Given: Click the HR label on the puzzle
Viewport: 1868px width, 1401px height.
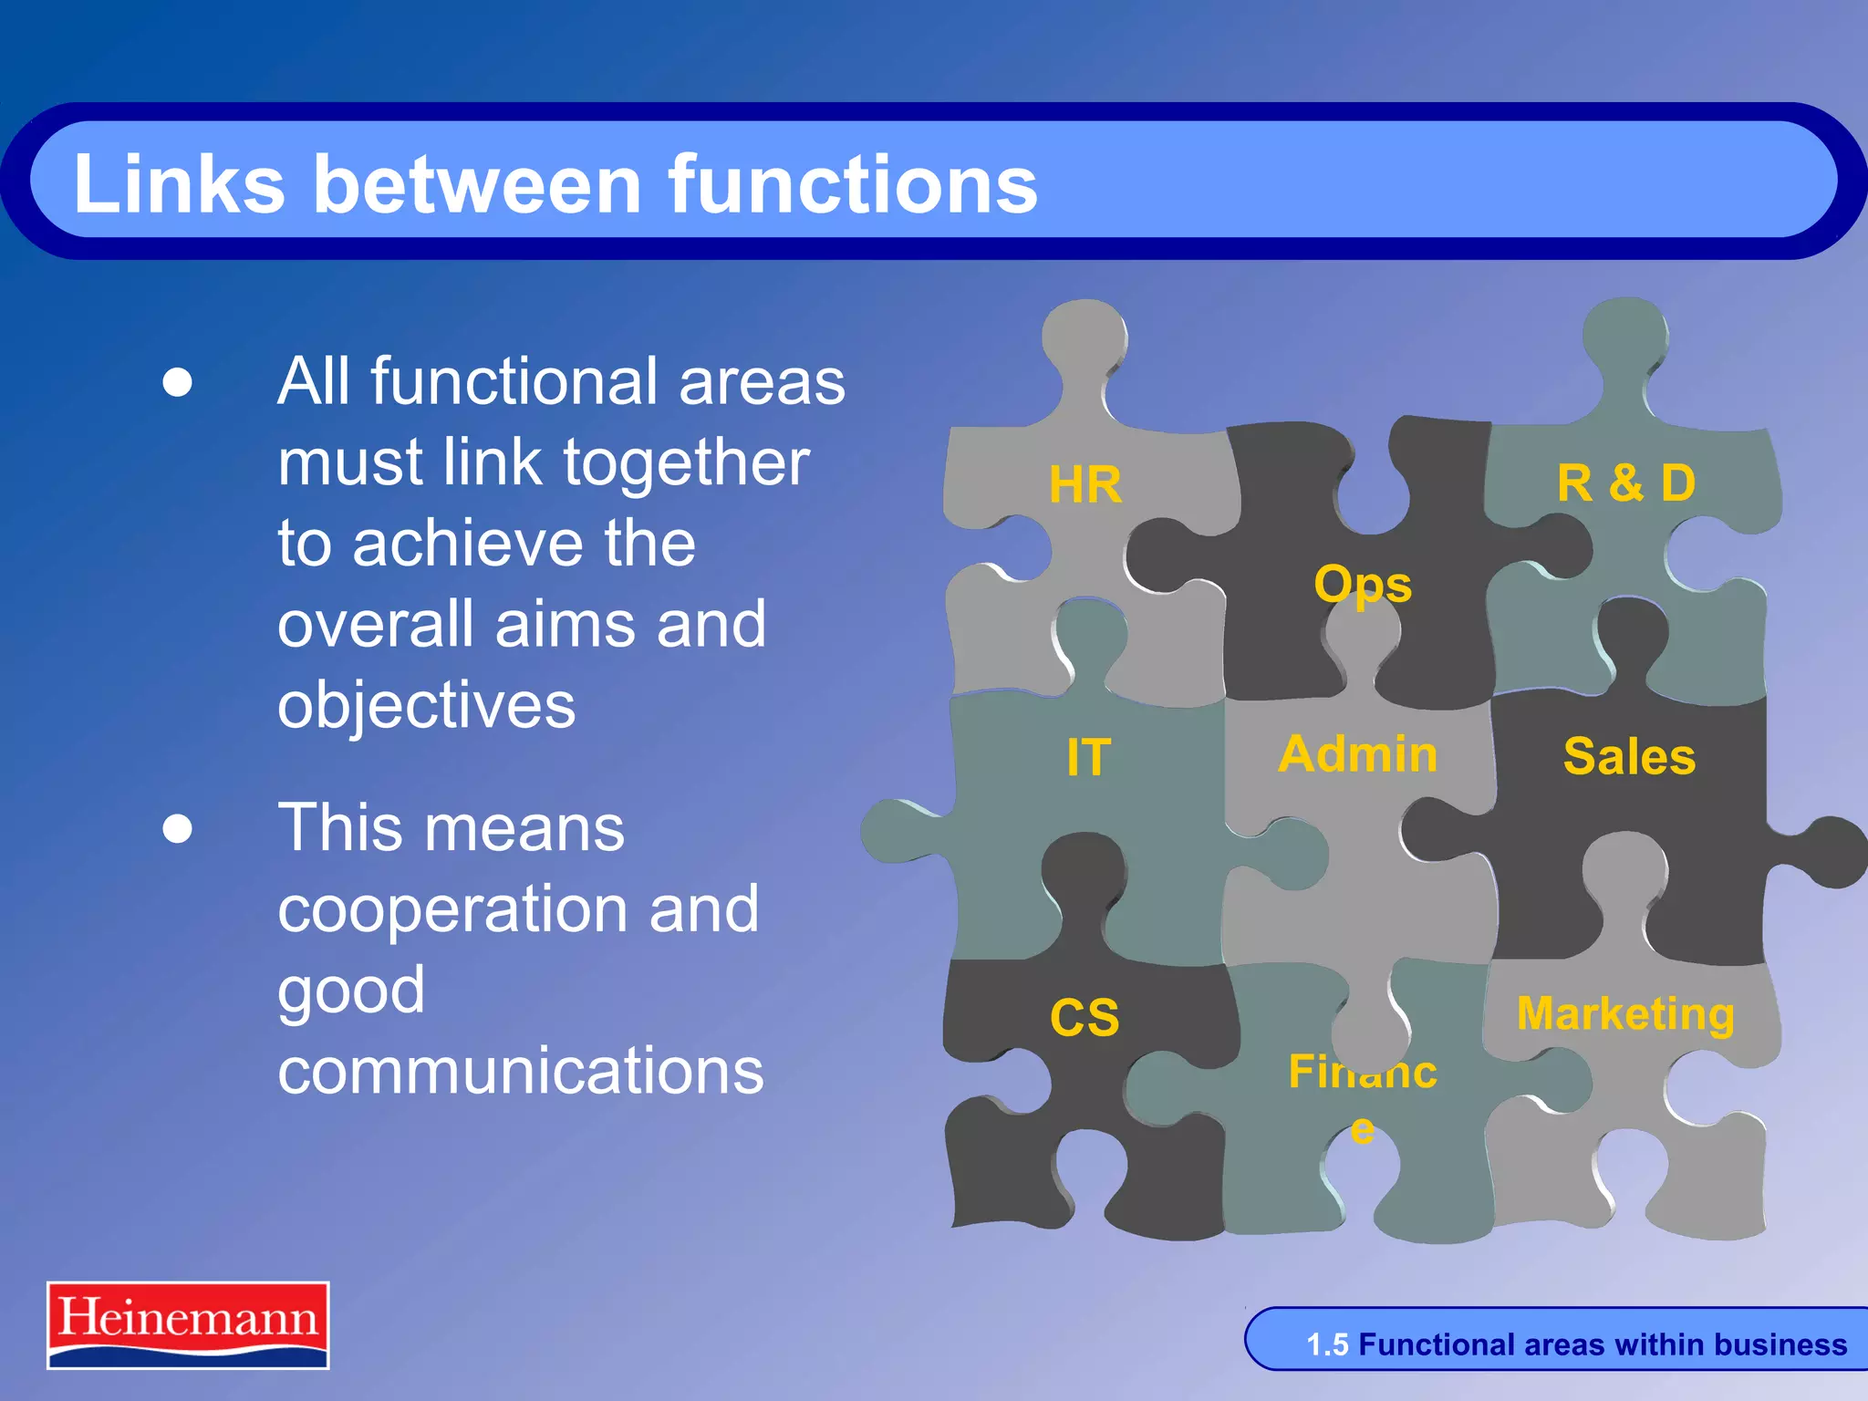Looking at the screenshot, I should pos(1084,484).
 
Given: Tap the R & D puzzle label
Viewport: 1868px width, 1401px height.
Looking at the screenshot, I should pos(1625,483).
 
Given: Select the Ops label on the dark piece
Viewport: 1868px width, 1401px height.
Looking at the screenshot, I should pos(1362,585).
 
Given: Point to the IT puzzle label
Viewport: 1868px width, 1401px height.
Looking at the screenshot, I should pos(1088,758).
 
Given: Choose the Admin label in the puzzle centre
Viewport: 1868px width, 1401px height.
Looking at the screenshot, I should pos(1357,755).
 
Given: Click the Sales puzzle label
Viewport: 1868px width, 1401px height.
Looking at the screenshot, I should pos(1629,757).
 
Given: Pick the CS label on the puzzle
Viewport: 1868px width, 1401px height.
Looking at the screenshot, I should pos(1084,1017).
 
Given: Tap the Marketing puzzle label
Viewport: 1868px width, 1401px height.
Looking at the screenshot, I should pos(1625,1013).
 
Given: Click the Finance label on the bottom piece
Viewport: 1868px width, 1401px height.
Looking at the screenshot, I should pos(1363,1073).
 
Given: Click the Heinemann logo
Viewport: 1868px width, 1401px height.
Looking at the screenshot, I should pos(188,1324).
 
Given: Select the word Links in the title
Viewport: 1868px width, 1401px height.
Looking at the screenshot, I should pos(179,184).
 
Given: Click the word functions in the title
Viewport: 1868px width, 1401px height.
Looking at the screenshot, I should pos(853,184).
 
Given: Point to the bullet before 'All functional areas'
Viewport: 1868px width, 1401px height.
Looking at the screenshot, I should pos(178,382).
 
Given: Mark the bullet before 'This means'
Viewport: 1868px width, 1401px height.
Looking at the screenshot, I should pos(178,829).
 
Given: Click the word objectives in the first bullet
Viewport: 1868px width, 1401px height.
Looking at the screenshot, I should pos(426,706).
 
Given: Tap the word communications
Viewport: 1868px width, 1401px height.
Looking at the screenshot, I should pos(520,1071).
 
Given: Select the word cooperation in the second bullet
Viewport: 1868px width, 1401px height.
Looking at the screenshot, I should pos(448,909).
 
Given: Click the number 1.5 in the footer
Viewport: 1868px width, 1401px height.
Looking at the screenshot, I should pos(1327,1344).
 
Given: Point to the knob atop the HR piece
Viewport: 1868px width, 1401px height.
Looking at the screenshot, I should pos(1084,338).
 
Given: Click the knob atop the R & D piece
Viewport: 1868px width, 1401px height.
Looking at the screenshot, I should pos(1625,337).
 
